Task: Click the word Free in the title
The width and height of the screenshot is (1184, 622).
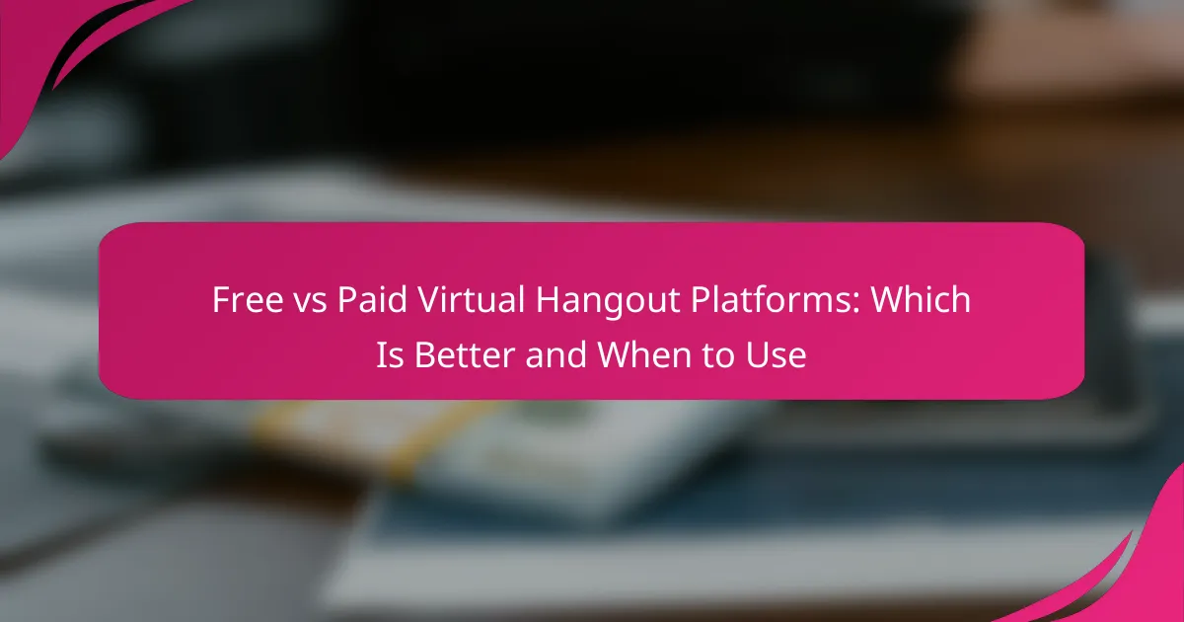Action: tap(248, 299)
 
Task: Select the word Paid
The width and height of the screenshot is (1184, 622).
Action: tap(372, 299)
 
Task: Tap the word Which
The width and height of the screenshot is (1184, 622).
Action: tap(921, 299)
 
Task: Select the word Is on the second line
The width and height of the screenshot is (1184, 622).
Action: tap(390, 354)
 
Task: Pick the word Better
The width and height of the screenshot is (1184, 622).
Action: tap(465, 354)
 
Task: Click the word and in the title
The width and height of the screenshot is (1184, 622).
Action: tap(556, 354)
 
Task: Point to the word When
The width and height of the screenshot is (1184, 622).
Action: tap(644, 354)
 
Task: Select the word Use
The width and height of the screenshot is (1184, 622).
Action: tap(776, 354)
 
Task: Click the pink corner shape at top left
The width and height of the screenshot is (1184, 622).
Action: tap(32, 47)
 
